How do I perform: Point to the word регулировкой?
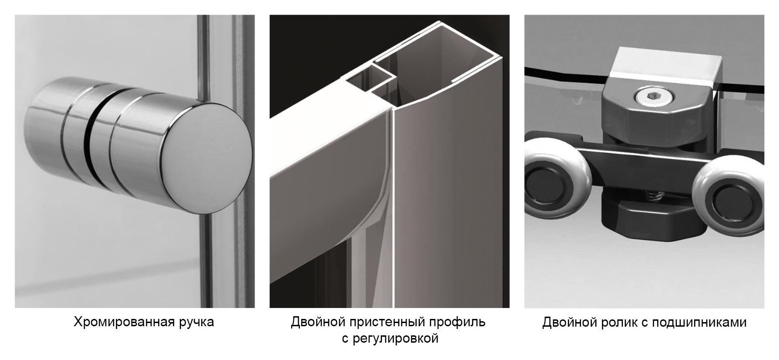click(x=395, y=339)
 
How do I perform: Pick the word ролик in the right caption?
click(x=619, y=323)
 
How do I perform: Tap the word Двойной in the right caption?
click(x=569, y=322)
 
